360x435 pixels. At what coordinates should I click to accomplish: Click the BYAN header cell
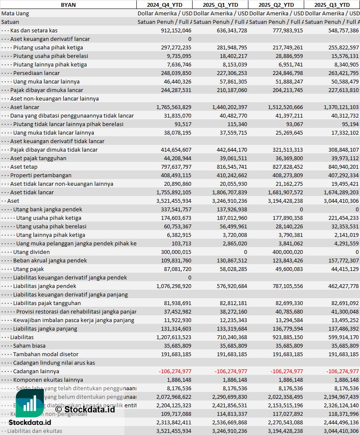click(x=68, y=5)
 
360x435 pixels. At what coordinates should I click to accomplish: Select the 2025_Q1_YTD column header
click(x=220, y=5)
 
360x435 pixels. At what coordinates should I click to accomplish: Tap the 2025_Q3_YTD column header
click(x=332, y=5)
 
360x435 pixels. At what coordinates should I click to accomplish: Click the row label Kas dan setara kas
click(x=34, y=30)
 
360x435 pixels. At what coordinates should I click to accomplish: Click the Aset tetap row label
click(x=24, y=167)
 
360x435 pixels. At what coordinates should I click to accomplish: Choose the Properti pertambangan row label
click(x=41, y=175)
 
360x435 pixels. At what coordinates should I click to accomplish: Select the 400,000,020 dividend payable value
click(x=286, y=252)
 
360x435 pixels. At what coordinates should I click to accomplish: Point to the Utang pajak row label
click(x=29, y=269)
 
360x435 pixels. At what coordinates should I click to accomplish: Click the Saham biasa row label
click(x=29, y=346)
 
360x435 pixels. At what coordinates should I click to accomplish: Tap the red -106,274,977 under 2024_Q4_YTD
click(x=175, y=371)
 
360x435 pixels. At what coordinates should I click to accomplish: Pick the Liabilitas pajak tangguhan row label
click(x=47, y=303)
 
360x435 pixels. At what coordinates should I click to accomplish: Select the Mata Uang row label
click(x=15, y=13)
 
